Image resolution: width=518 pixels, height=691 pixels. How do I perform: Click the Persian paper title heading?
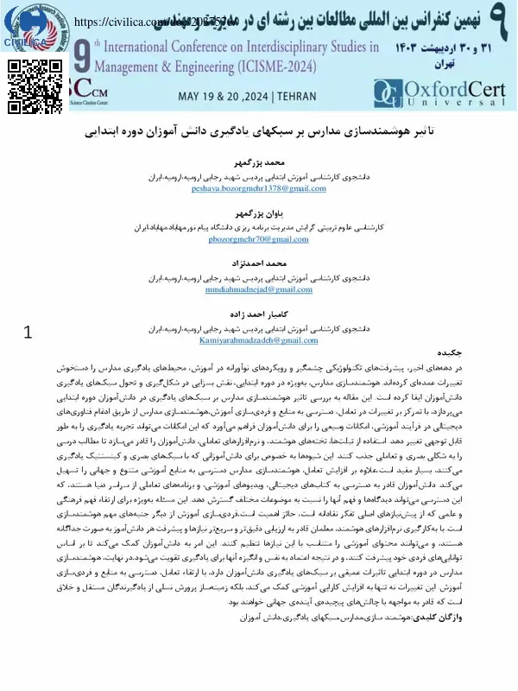(x=259, y=136)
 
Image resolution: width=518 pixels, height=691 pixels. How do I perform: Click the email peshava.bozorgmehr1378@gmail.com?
(x=259, y=187)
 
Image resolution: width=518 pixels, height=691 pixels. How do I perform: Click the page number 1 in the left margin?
(x=28, y=332)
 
